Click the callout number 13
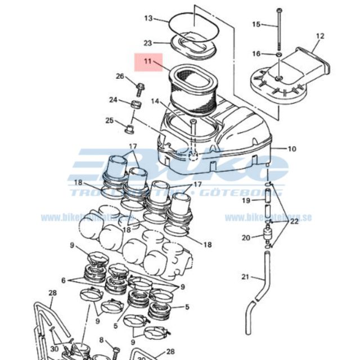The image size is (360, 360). tap(148, 19)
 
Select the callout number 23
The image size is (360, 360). tap(148, 43)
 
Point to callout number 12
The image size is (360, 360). tap(320, 37)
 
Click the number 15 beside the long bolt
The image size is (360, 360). tap(256, 24)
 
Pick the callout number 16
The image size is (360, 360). tap(256, 54)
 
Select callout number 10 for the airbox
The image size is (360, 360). tap(292, 149)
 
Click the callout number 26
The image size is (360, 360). tap(120, 76)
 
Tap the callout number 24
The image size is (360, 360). tap(113, 100)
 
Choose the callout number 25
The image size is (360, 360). tap(110, 120)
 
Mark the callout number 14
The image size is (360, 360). tap(155, 101)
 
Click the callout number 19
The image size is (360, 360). tap(246, 201)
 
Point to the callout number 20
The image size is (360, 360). tap(246, 238)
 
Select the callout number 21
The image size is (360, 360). tap(245, 276)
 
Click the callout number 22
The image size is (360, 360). tap(295, 222)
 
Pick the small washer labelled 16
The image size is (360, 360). tap(278, 55)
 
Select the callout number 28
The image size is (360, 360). tap(52, 292)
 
